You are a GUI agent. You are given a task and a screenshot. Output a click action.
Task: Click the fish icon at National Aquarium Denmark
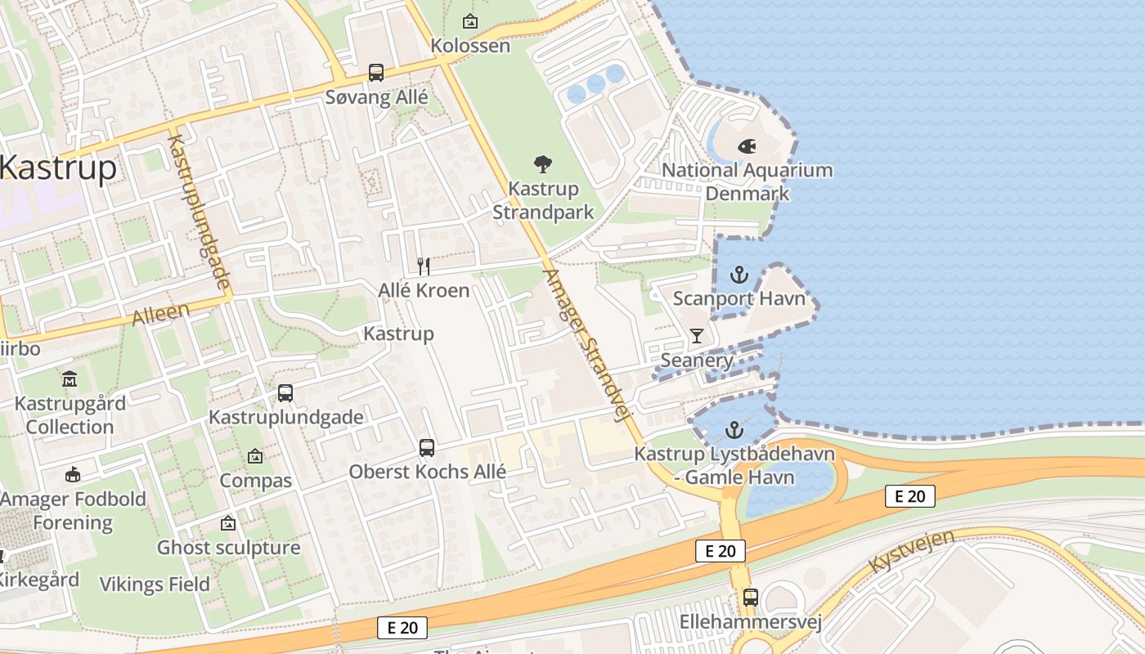point(746,146)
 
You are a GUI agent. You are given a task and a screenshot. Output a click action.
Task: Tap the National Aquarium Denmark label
point(747,181)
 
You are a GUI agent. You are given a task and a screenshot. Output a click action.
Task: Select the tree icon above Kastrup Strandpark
point(541,164)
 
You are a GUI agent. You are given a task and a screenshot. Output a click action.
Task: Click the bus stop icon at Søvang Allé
point(375,73)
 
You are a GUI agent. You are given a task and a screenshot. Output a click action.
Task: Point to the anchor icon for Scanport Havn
point(739,275)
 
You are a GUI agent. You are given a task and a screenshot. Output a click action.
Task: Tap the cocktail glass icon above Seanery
point(696,336)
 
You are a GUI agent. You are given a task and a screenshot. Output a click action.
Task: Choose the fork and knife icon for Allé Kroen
point(424,266)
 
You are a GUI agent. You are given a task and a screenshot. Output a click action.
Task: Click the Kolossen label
point(470,45)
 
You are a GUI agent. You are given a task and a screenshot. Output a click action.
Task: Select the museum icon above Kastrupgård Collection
point(70,379)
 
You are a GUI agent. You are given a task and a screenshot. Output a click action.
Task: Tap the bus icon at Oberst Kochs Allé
point(427,448)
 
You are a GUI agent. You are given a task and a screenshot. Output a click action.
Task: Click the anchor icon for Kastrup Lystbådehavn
point(734,430)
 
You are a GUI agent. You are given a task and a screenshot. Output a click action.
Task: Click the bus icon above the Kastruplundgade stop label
point(285,393)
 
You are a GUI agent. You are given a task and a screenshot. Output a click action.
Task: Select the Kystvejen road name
point(911,551)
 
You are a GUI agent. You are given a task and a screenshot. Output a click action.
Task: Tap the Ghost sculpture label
point(228,548)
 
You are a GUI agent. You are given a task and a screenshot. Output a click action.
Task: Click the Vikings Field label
point(155,585)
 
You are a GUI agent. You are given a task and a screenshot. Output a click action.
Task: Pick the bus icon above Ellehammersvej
point(750,598)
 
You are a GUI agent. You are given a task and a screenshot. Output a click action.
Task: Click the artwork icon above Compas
point(255,456)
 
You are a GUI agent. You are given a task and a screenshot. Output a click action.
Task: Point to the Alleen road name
point(160,313)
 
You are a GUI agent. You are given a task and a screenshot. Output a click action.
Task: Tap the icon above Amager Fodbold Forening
point(73,475)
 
